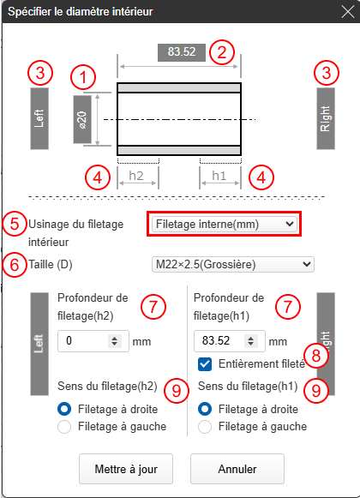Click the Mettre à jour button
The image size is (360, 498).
pos(126,469)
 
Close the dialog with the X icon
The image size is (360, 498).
pos(348,12)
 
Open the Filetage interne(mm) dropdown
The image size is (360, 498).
pos(225,225)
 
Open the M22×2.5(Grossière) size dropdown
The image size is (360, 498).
pos(233,264)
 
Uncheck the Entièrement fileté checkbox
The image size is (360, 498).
pos(205,364)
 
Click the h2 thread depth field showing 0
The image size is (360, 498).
pos(93,341)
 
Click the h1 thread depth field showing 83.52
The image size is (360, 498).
pos(230,341)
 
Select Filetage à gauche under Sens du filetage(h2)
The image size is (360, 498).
pos(64,427)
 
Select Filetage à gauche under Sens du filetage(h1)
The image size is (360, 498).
pos(205,427)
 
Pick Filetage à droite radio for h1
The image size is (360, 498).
pos(205,409)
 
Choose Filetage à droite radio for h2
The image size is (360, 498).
pos(64,409)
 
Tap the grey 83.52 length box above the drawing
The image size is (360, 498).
pos(182,52)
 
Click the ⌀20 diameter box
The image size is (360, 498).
pos(82,119)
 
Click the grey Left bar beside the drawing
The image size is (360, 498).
pos(39,118)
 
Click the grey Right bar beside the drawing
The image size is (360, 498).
pos(326,118)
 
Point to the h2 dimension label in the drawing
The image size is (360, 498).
pos(136,176)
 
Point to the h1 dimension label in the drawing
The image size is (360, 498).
pos(219,176)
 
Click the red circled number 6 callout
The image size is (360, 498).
pos(15,265)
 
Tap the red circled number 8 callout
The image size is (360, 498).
pos(316,356)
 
